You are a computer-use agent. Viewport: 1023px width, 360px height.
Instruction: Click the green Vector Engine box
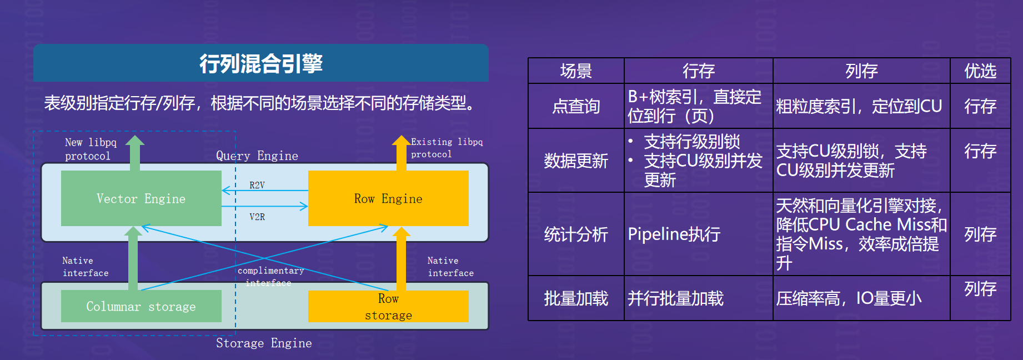(141, 198)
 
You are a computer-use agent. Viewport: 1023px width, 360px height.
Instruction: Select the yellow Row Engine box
(388, 198)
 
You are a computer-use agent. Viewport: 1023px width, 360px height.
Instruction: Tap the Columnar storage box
(141, 306)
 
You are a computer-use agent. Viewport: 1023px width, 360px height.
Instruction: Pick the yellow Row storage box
(388, 307)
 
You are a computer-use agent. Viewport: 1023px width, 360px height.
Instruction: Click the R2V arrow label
(257, 185)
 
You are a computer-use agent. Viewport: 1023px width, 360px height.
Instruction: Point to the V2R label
(257, 217)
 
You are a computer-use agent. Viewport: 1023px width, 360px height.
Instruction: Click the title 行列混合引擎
(261, 63)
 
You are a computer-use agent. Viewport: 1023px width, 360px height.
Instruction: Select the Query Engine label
(257, 156)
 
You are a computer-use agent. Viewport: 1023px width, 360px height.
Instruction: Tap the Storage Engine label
(264, 343)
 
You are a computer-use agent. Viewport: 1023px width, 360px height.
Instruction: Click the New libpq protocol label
(91, 149)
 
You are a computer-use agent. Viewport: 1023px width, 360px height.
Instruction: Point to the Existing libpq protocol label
(447, 148)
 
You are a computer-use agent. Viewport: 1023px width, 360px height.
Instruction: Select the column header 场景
(576, 71)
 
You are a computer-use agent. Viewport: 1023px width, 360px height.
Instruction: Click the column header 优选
(980, 71)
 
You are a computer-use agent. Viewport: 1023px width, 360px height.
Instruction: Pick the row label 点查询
(576, 106)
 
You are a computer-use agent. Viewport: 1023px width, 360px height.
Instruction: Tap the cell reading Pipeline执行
(674, 234)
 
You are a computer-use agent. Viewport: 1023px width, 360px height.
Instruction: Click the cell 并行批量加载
(675, 298)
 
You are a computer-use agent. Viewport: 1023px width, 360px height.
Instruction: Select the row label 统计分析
(576, 234)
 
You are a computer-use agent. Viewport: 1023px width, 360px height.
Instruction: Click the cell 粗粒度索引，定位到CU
(859, 106)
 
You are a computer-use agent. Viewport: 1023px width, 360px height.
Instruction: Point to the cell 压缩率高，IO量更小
(849, 298)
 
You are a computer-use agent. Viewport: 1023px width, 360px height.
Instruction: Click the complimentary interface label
(270, 276)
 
